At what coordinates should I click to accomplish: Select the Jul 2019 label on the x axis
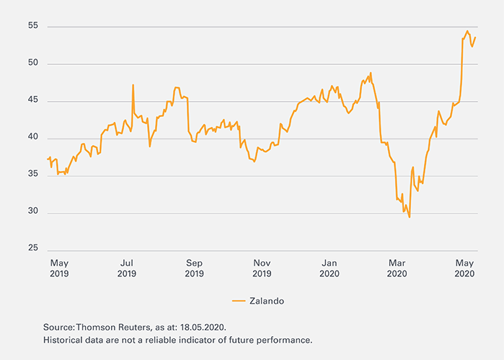(x=126, y=268)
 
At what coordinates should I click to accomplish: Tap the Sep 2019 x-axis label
(x=194, y=268)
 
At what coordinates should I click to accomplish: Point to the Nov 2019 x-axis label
(x=262, y=268)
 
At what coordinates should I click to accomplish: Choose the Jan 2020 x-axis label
(x=330, y=268)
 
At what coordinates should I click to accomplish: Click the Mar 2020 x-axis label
(x=397, y=268)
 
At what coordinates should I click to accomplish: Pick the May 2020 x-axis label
(x=465, y=268)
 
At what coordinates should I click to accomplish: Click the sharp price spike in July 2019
(x=133, y=85)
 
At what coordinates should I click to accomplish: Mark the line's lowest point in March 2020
(x=410, y=216)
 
